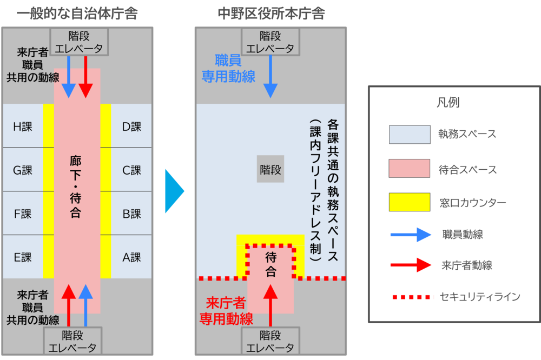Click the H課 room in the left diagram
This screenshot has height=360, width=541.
(x=23, y=126)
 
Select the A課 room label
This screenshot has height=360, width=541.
(x=131, y=257)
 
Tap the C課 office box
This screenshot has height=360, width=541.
(x=131, y=170)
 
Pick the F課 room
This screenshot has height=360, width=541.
(x=23, y=214)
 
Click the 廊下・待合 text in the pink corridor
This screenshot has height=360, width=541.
(x=76, y=186)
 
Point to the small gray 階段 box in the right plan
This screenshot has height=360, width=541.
(x=270, y=170)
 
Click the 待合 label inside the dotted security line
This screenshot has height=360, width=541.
(x=271, y=265)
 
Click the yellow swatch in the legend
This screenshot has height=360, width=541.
(x=410, y=202)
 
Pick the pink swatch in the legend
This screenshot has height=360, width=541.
(x=410, y=169)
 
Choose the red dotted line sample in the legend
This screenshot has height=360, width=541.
(x=412, y=297)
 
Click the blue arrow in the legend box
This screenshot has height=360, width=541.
(x=411, y=234)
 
